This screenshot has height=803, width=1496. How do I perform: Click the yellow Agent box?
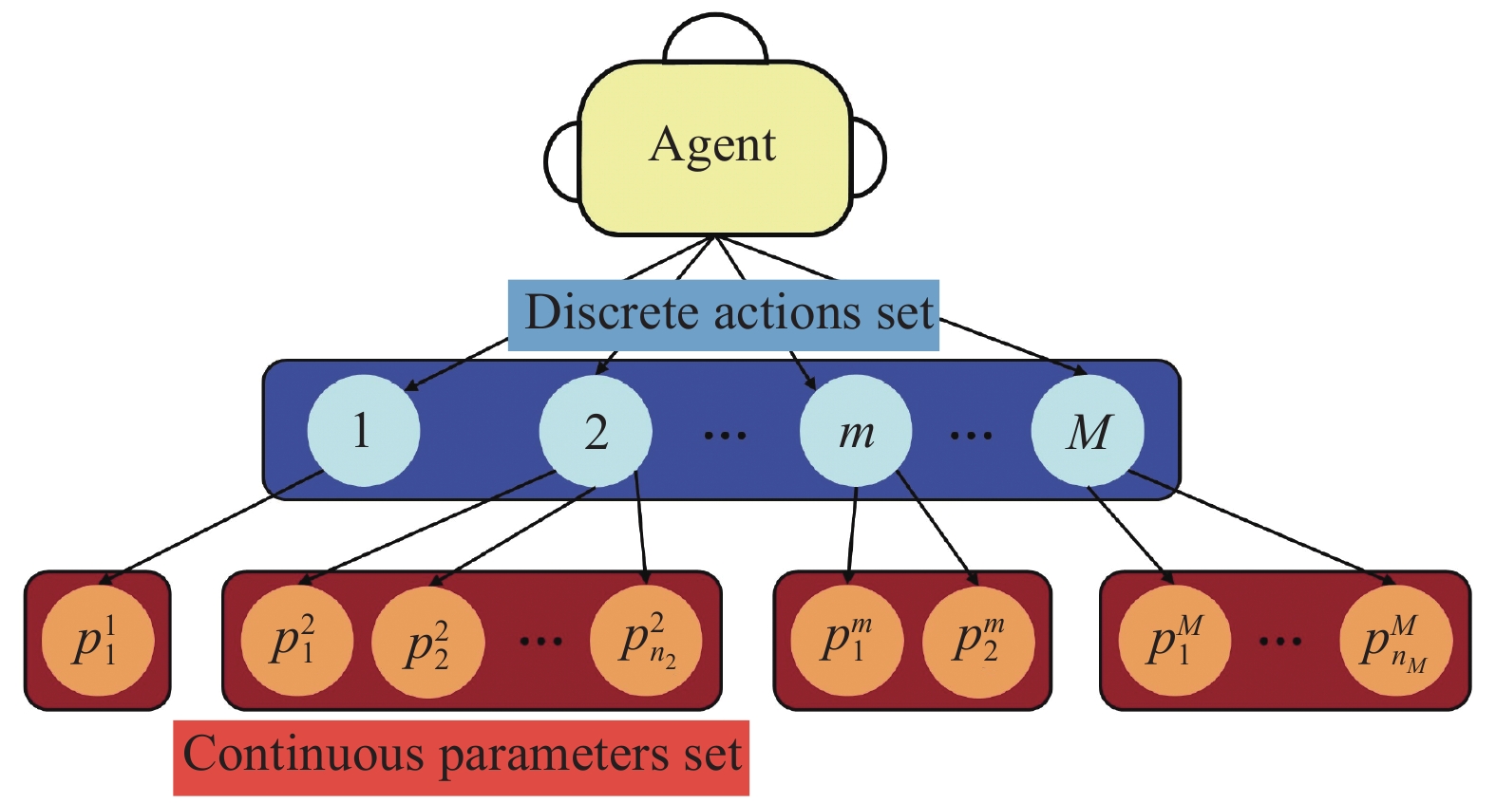[x=714, y=148]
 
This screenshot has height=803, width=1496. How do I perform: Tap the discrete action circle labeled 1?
[x=363, y=431]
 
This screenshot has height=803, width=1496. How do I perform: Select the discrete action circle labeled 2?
[x=596, y=432]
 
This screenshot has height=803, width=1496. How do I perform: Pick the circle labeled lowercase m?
[x=856, y=432]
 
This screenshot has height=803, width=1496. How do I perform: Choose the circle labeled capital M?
[x=1088, y=432]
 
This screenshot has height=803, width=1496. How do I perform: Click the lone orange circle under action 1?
[x=97, y=641]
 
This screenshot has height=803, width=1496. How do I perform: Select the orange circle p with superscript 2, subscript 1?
[x=296, y=641]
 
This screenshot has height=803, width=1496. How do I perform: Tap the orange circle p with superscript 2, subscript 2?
[x=427, y=643]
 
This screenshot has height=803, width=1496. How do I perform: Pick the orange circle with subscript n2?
[x=646, y=641]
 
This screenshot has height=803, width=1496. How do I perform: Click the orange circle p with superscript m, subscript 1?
[x=847, y=641]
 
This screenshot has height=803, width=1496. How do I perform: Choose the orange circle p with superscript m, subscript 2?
[x=978, y=641]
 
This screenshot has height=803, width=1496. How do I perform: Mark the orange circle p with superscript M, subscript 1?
[x=1175, y=641]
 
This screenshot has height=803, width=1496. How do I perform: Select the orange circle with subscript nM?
[x=1395, y=641]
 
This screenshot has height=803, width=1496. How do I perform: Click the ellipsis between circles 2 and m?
[x=726, y=436]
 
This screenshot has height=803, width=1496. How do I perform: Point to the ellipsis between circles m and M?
[x=971, y=436]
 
